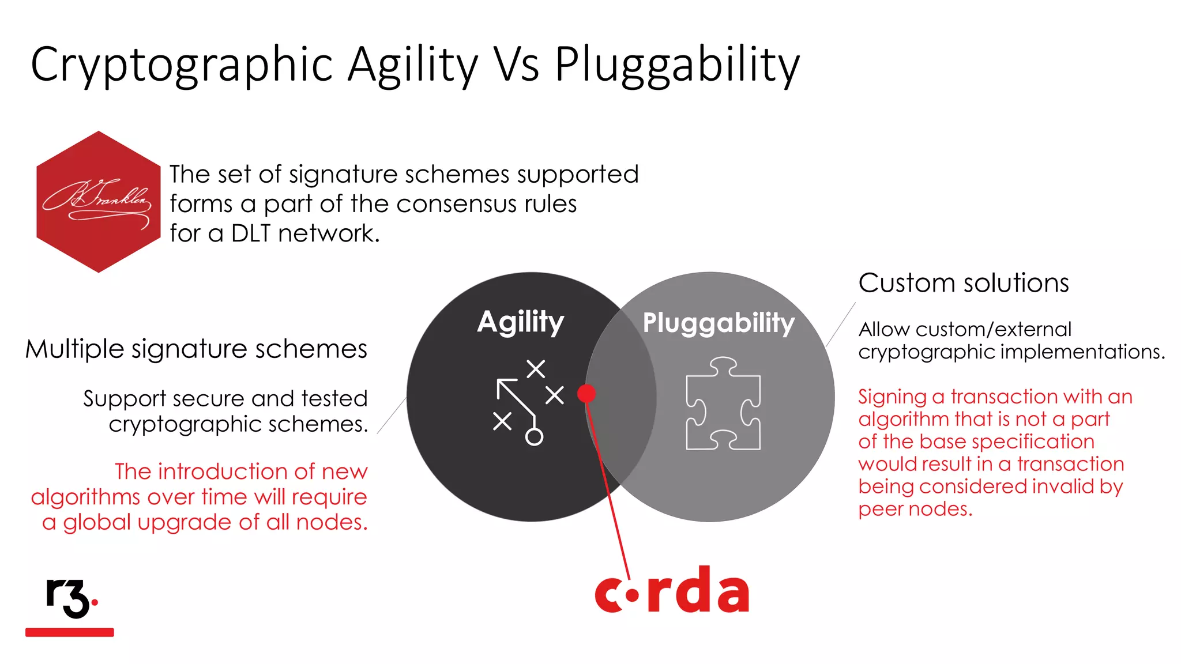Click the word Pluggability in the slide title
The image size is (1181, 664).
pyautogui.click(x=677, y=65)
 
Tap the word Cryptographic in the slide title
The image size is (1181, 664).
pyautogui.click(x=182, y=65)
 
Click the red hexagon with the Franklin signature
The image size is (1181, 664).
pyautogui.click(x=98, y=202)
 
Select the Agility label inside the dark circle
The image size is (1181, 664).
pyautogui.click(x=520, y=322)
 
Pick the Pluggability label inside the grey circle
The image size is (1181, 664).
pyautogui.click(x=719, y=323)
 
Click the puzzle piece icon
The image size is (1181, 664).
pyautogui.click(x=723, y=403)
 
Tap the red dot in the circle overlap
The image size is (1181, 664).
pyautogui.click(x=586, y=393)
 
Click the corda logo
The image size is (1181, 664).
pyautogui.click(x=672, y=591)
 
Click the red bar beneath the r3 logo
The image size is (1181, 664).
pyautogui.click(x=70, y=632)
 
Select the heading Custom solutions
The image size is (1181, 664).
pyautogui.click(x=963, y=283)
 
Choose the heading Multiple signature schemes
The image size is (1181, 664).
pyautogui.click(x=196, y=349)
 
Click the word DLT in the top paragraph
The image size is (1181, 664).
pyautogui.click(x=251, y=233)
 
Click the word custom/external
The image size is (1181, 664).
pyautogui.click(x=993, y=329)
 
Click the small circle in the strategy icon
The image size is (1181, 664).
pyautogui.click(x=534, y=437)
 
